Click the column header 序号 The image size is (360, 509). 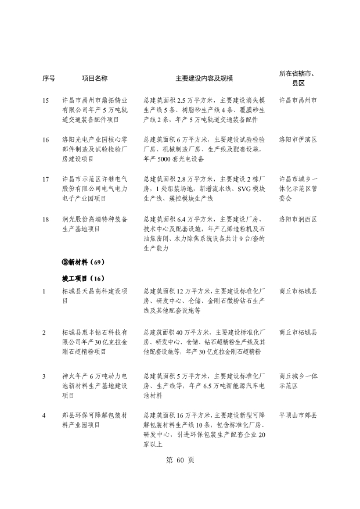(49, 78)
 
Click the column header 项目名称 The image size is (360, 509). (94, 78)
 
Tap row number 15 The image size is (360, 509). (46, 101)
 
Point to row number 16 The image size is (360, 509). (46, 140)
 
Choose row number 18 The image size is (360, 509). (46, 219)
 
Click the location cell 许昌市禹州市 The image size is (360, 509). (298, 101)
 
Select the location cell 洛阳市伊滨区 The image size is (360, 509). (298, 140)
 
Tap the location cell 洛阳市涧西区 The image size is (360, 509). (298, 219)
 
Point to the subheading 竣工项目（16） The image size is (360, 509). (83, 277)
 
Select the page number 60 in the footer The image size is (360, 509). (179, 460)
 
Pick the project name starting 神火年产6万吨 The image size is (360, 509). (95, 386)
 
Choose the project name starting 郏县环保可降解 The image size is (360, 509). (95, 420)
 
